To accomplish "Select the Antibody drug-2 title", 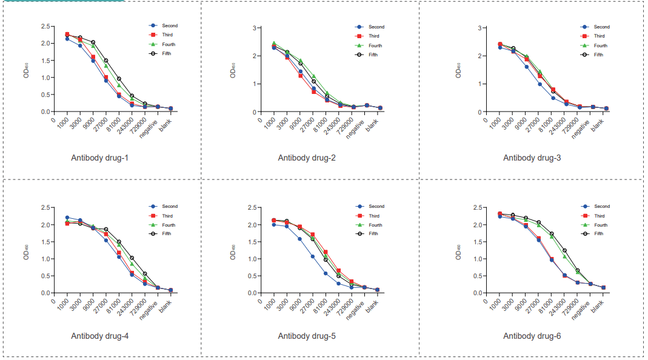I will (307, 158).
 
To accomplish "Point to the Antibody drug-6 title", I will (532, 335).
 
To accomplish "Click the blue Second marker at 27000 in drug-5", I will (313, 256).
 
